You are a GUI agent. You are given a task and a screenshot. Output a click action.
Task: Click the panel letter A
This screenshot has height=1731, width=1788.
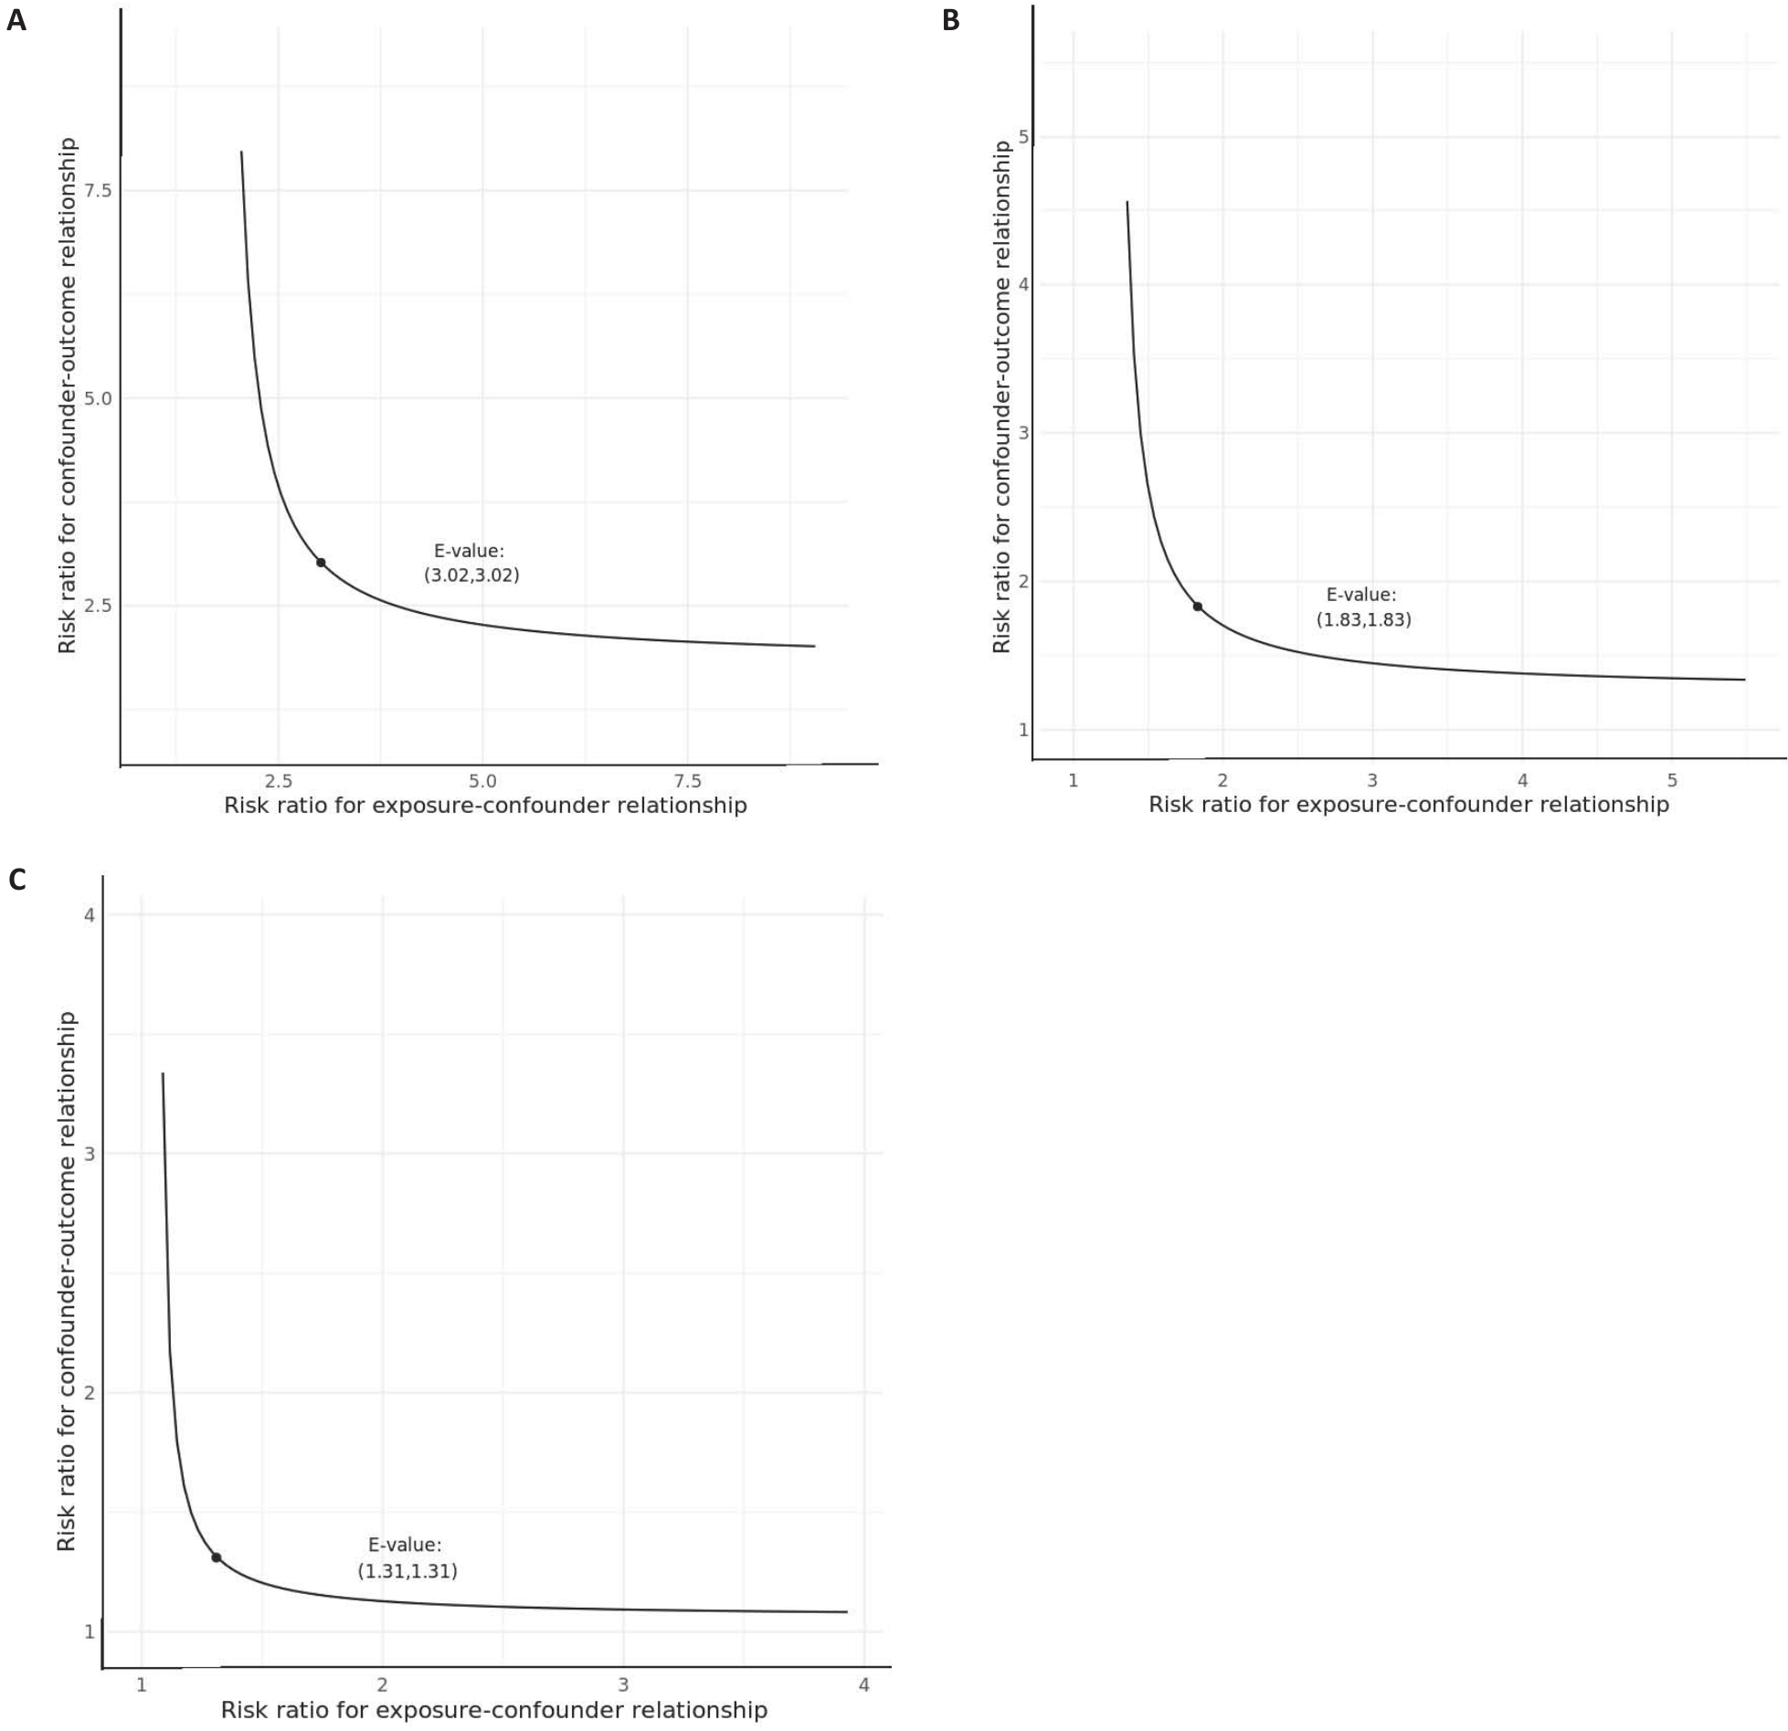16,20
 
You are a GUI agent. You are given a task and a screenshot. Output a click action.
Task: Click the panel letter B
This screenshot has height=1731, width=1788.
951,20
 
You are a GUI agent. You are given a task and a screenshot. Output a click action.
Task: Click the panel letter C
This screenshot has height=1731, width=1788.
16,880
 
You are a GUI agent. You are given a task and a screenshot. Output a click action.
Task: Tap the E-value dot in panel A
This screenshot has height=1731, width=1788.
321,563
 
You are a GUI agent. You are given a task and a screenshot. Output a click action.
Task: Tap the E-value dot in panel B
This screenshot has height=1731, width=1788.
1197,607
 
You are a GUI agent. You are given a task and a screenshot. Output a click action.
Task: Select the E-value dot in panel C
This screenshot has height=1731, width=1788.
217,1557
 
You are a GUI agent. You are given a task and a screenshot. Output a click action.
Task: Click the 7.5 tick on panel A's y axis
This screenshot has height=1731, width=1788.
98,191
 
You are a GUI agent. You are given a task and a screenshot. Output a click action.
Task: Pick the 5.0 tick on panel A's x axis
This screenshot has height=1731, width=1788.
482,782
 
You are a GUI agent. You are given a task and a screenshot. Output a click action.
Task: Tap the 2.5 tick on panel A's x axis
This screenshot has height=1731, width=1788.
279,782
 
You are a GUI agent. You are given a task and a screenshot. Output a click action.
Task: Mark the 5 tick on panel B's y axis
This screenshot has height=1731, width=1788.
1023,137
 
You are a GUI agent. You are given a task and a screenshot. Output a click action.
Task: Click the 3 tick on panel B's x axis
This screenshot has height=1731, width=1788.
1372,781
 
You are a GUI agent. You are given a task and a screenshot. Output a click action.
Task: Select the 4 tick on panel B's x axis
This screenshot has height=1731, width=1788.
1522,781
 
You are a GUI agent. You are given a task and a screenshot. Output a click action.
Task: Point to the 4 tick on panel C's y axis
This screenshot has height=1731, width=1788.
90,914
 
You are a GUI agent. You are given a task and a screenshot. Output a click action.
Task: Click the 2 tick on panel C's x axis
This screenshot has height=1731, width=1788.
382,1685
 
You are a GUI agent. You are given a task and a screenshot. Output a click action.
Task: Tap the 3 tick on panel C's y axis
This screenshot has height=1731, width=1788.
90,1154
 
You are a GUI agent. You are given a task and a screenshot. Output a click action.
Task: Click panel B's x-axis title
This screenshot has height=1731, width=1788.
1408,805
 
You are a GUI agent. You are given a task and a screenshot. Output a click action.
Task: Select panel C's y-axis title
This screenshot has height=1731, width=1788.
67,1281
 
